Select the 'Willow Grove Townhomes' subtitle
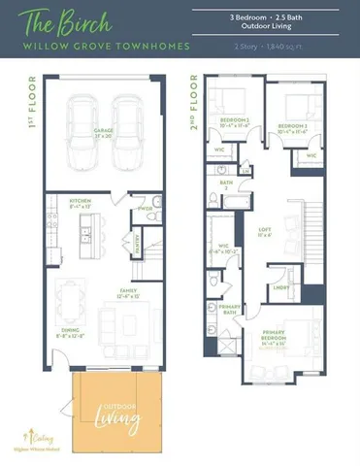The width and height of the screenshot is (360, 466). (x=91, y=45)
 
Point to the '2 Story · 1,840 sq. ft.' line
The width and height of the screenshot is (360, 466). (x=270, y=46)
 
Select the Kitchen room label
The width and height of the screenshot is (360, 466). (x=80, y=203)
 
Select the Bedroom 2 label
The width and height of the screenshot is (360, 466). (x=234, y=123)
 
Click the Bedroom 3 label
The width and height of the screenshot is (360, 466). (x=292, y=126)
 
